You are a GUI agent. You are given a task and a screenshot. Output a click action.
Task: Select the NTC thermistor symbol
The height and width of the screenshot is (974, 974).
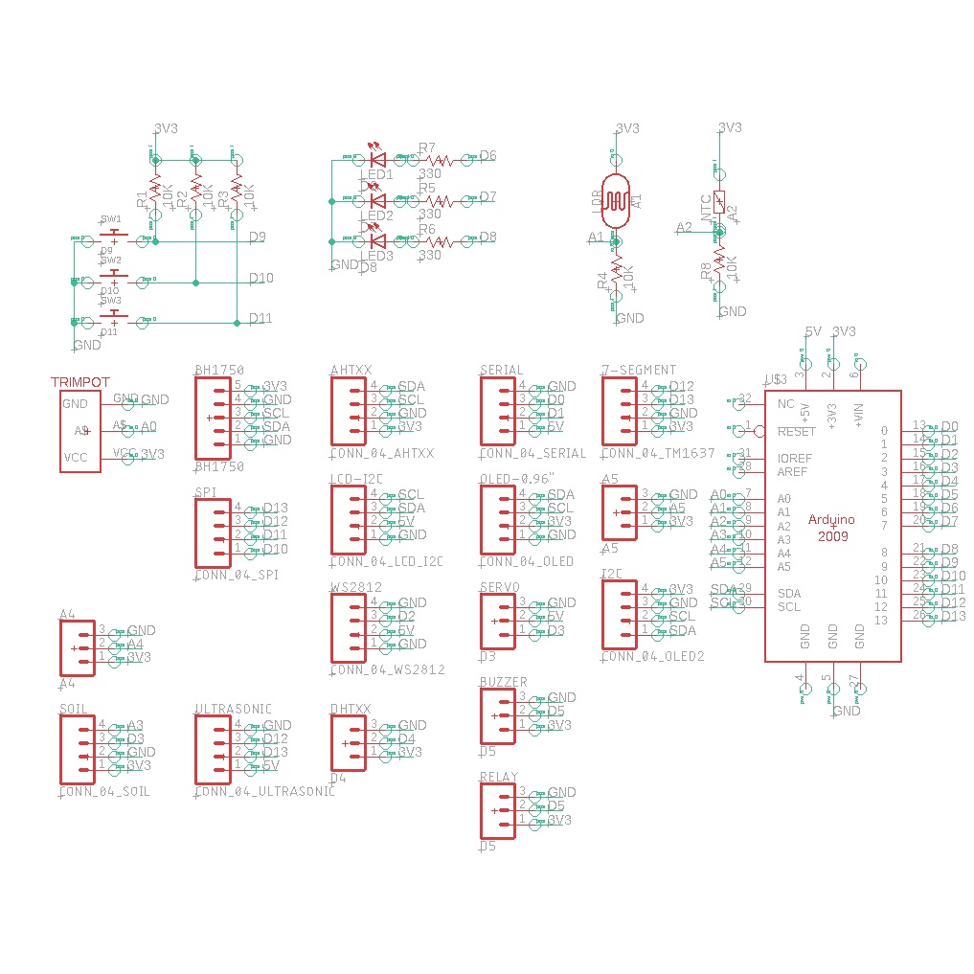[719, 203]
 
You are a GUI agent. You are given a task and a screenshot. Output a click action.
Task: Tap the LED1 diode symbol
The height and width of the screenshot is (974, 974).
[376, 159]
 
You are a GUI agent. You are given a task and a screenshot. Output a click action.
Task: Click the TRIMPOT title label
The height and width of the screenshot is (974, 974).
[80, 382]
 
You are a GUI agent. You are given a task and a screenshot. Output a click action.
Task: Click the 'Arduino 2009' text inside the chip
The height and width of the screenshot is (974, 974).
[832, 527]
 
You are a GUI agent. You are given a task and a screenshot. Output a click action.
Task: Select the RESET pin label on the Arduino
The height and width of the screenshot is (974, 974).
[796, 432]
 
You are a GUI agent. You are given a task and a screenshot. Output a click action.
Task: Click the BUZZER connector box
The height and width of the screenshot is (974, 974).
[497, 715]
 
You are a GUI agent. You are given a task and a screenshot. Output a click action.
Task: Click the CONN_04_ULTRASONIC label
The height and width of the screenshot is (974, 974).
[264, 792]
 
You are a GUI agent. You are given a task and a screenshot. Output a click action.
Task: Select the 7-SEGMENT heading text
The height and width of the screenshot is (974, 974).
[639, 370]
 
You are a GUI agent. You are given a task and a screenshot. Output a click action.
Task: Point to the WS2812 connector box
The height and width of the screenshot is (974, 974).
[348, 627]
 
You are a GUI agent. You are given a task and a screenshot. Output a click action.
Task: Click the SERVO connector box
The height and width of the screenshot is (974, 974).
[497, 620]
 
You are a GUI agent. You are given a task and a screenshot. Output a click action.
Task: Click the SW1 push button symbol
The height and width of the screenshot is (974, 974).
[114, 236]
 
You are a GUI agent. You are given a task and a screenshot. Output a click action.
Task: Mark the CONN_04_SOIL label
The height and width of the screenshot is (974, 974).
[104, 792]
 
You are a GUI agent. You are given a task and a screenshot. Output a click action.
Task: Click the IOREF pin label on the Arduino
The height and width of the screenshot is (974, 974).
[795, 459]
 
